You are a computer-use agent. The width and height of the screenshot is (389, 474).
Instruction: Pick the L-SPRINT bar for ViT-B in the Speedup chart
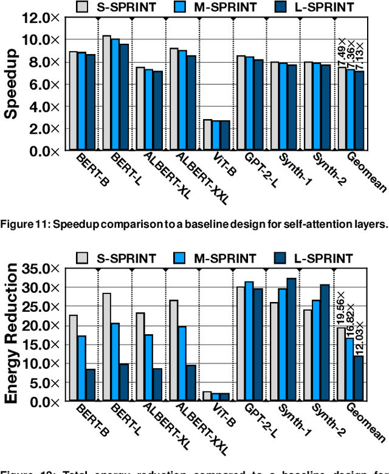pyautogui.click(x=225, y=135)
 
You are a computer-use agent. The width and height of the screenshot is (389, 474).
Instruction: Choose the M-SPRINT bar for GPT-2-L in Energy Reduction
pyautogui.click(x=249, y=341)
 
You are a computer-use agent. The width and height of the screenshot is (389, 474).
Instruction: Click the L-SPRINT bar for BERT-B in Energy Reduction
pyautogui.click(x=90, y=385)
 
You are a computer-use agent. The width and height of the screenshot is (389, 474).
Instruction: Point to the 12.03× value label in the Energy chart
pyautogui.click(x=360, y=337)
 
